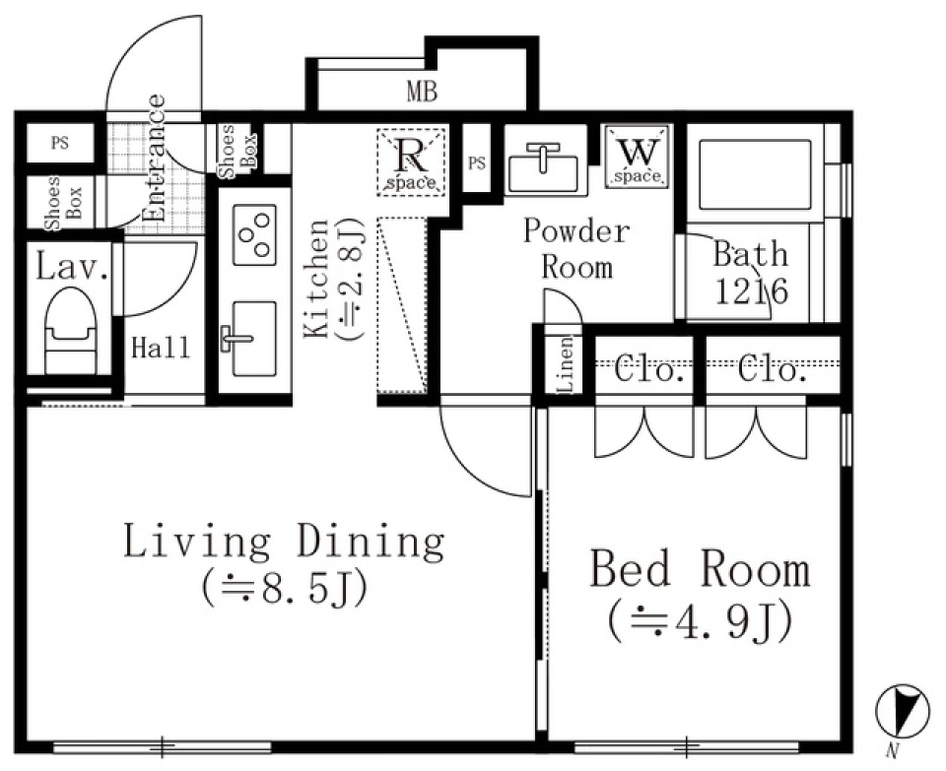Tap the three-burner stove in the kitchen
pos(254,234)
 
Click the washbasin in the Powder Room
pos(543,166)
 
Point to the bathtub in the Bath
pos(755,175)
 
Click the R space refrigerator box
pos(412,162)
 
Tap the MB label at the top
pos(422,93)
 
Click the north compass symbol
pos(903,712)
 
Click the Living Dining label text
pos(284,541)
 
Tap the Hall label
pos(161,348)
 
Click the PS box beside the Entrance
pos(60,143)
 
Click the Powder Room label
pos(575,249)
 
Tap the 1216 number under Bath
pos(751,292)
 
